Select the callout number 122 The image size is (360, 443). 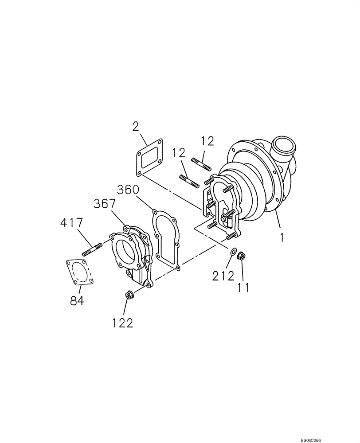click(x=123, y=323)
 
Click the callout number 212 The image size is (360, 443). click(x=223, y=276)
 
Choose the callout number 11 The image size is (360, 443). click(x=243, y=288)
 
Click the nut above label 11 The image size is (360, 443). click(x=242, y=256)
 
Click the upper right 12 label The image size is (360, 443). click(x=207, y=141)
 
